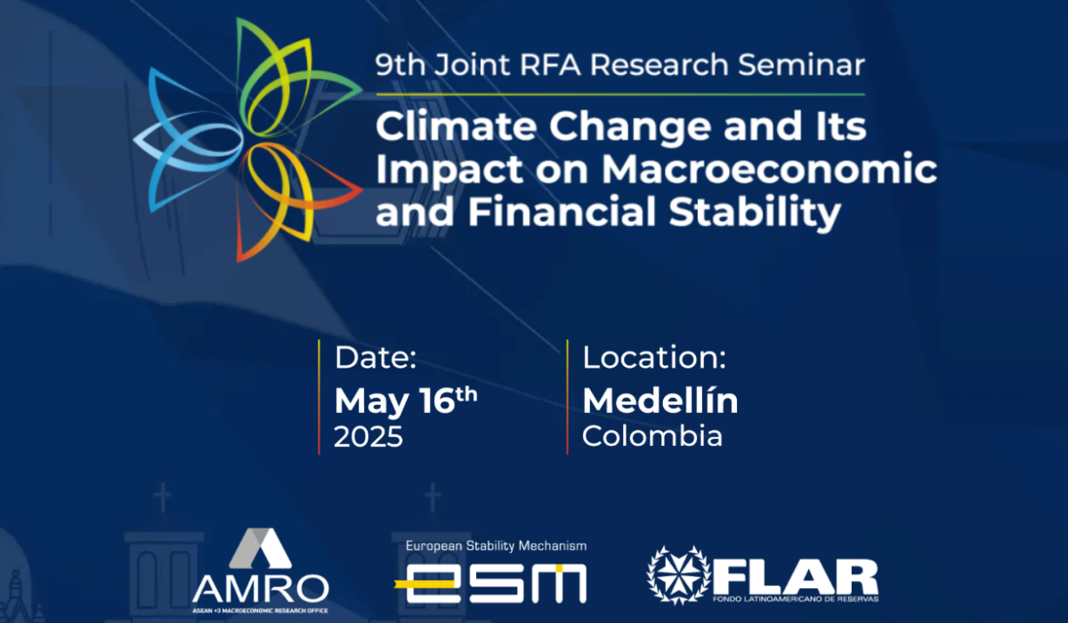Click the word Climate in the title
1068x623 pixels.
click(457, 125)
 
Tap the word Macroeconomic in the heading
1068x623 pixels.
click(769, 168)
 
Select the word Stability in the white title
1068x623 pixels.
click(755, 213)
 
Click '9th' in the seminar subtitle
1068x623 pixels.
click(400, 65)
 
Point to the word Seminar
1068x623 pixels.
click(802, 64)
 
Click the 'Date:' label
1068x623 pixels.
click(376, 358)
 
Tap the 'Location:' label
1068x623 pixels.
click(654, 357)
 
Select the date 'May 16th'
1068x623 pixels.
click(406, 400)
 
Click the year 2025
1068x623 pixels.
click(368, 437)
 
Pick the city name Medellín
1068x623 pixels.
click(660, 400)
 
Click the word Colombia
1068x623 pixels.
click(652, 436)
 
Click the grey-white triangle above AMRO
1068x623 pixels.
click(260, 548)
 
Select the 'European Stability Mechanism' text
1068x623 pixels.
click(496, 546)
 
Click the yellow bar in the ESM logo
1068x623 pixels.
click(424, 584)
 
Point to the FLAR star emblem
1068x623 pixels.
click(678, 575)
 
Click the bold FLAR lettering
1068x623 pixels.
click(796, 577)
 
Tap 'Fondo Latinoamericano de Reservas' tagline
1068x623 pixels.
click(796, 599)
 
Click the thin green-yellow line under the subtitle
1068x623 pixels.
click(620, 94)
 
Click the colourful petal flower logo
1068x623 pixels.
click(248, 140)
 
